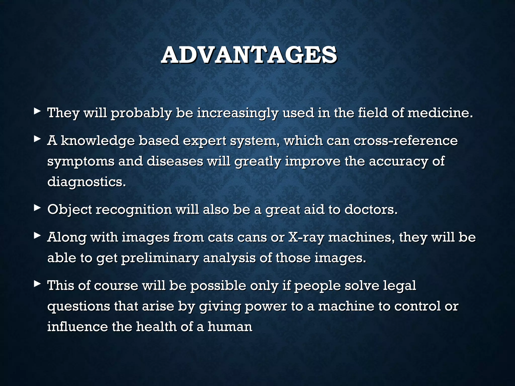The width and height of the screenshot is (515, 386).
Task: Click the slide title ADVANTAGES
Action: pyautogui.click(x=249, y=55)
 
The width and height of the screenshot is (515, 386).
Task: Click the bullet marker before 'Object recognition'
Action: pyautogui.click(x=37, y=207)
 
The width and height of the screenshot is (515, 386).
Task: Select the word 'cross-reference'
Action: pyautogui.click(x=405, y=140)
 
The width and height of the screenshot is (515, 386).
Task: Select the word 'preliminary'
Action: pyautogui.click(x=160, y=258)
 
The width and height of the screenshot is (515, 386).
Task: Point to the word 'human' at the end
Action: pyautogui.click(x=230, y=327)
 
